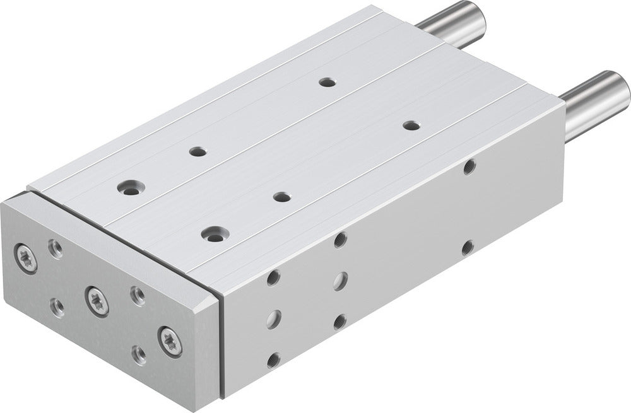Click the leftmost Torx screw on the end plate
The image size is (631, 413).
(26, 259)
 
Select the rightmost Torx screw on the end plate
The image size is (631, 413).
(170, 340)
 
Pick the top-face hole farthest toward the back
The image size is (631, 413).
(326, 81)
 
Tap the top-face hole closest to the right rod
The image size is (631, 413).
(411, 125)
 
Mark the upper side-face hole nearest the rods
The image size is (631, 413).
(469, 167)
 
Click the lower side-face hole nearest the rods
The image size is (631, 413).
(468, 247)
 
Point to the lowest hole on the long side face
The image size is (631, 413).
(273, 360)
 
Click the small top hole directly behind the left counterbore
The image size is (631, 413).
(198, 151)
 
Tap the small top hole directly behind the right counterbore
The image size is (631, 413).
(282, 197)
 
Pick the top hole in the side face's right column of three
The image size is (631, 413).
(341, 239)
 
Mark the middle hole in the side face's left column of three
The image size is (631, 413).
(273, 319)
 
